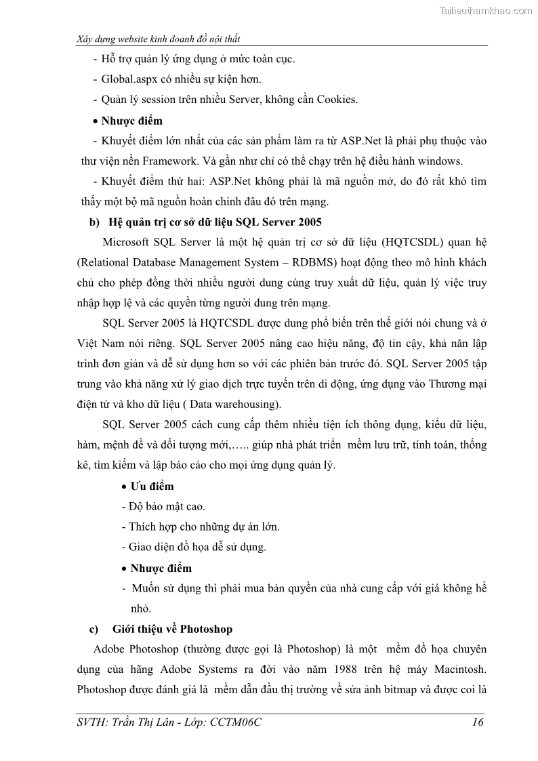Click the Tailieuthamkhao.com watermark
point(486,10)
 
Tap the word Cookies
point(337,99)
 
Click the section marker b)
point(94,222)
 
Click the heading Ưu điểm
point(152,486)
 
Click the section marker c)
point(95,630)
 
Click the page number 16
point(477,722)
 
